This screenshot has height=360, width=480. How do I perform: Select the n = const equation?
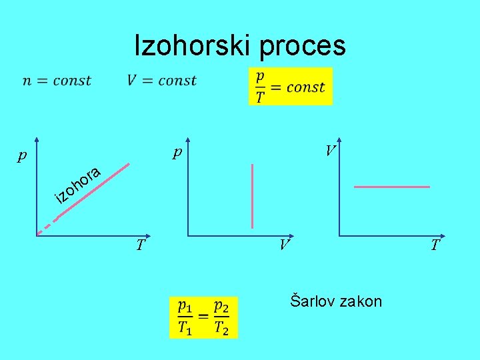(57, 81)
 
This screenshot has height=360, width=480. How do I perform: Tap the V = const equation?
(161, 81)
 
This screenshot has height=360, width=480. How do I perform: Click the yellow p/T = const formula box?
(290, 87)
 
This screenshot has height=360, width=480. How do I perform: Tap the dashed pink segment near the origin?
(43, 228)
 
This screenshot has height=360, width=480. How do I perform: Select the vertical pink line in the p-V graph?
(252, 196)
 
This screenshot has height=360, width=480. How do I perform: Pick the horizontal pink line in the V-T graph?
(392, 187)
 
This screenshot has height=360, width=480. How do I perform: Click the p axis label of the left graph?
(23, 157)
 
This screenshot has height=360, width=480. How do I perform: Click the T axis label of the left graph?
(140, 245)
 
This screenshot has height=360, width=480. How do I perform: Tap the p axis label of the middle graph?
(177, 153)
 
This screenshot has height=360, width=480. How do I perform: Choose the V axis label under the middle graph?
(284, 245)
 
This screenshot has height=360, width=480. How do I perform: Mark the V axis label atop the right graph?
(329, 151)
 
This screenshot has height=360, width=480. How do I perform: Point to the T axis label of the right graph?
(435, 245)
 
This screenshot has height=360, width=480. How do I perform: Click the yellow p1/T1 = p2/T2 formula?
(203, 317)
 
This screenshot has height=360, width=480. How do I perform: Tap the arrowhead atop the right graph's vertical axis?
(339, 141)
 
